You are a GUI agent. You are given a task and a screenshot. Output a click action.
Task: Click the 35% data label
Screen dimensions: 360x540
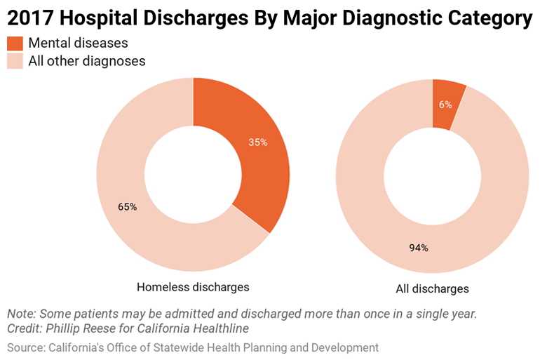click(258, 142)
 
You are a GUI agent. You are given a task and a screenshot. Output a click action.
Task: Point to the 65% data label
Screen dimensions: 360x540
click(128, 207)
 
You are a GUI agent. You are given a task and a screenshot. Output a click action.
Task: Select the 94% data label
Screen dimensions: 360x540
click(419, 248)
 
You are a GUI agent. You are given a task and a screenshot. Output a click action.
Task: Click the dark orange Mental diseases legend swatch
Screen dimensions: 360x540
click(15, 44)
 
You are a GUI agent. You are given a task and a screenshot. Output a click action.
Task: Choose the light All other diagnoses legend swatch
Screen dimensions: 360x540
click(15, 61)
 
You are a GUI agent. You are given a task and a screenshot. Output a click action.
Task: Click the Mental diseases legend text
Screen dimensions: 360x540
click(78, 44)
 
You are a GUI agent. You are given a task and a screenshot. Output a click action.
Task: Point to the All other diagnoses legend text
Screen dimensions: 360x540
click(87, 61)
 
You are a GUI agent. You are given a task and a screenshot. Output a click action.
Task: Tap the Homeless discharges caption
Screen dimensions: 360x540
click(193, 287)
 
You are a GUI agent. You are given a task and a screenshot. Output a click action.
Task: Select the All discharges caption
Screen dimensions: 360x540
click(432, 288)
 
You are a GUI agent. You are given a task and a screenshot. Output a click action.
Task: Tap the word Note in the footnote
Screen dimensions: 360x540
click(20, 314)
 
